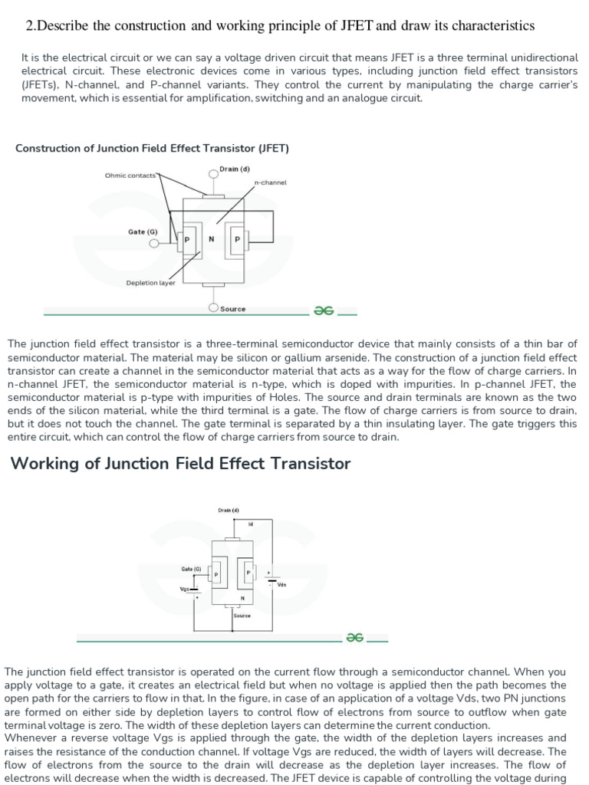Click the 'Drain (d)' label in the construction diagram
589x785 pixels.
(234, 169)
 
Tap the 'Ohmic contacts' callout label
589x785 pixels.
(130, 176)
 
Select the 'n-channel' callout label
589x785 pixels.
(270, 183)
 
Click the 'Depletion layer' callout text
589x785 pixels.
(150, 283)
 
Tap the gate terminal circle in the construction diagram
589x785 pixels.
(154, 244)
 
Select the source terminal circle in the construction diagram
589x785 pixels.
(214, 308)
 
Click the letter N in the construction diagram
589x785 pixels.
(211, 239)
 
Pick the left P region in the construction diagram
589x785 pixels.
(185, 239)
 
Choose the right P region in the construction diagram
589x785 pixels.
(237, 239)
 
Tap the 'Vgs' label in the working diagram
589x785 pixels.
(184, 589)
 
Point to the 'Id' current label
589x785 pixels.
(250, 524)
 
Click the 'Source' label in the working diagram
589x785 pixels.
(242, 615)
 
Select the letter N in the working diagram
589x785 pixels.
(242, 598)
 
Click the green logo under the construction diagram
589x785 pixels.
(323, 310)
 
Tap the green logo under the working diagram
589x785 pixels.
(354, 636)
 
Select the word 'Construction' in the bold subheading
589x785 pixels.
(48, 148)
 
